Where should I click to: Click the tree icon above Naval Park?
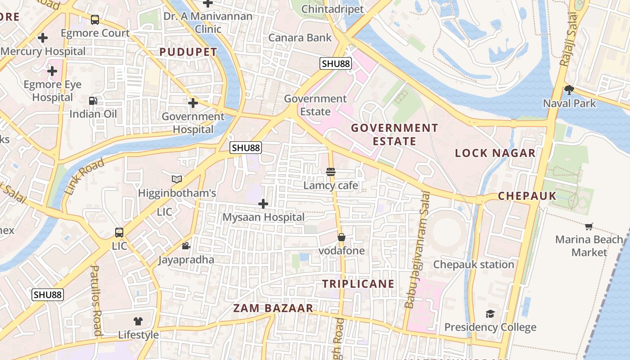pyautogui.click(x=569, y=90)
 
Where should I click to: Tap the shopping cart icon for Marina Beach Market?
pyautogui.click(x=589, y=226)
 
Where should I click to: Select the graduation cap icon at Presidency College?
pyautogui.click(x=490, y=314)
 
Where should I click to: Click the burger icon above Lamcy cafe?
pyautogui.click(x=331, y=171)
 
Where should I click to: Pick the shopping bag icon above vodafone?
pyautogui.click(x=342, y=237)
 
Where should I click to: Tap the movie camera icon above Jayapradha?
pyautogui.click(x=186, y=246)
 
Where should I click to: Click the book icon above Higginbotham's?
pyautogui.click(x=177, y=180)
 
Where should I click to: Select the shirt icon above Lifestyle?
pyautogui.click(x=138, y=321)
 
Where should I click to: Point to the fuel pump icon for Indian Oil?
pyautogui.click(x=93, y=100)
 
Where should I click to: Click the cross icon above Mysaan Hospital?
pyautogui.click(x=263, y=204)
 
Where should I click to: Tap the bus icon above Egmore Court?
pyautogui.click(x=95, y=20)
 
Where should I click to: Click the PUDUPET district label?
pyautogui.click(x=188, y=52)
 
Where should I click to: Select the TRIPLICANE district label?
pyautogui.click(x=358, y=284)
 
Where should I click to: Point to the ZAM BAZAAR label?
pyautogui.click(x=273, y=308)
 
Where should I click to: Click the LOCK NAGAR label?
pyautogui.click(x=495, y=153)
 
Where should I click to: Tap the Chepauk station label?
pyautogui.click(x=473, y=264)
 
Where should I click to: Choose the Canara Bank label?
pyautogui.click(x=300, y=38)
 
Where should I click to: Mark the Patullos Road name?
pyautogui.click(x=96, y=301)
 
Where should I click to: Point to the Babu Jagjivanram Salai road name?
pyautogui.click(x=417, y=250)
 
